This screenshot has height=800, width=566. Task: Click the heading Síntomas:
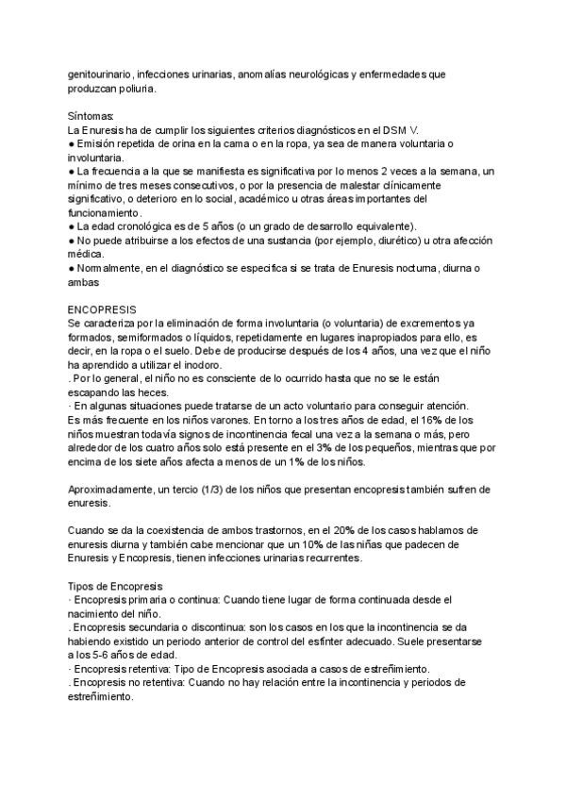point(91,114)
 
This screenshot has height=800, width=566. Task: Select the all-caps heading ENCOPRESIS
point(103,308)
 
